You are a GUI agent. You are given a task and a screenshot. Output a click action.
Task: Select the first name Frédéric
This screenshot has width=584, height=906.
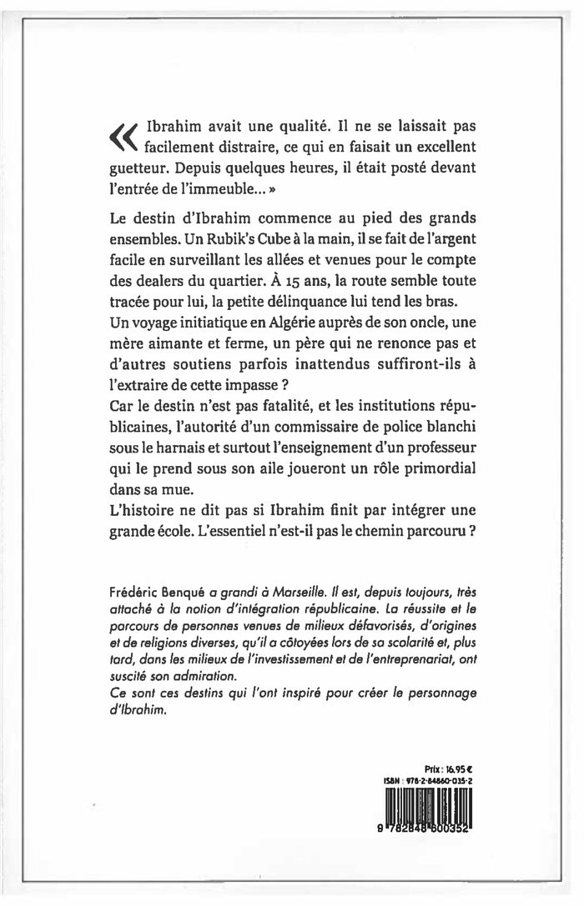click(134, 590)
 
